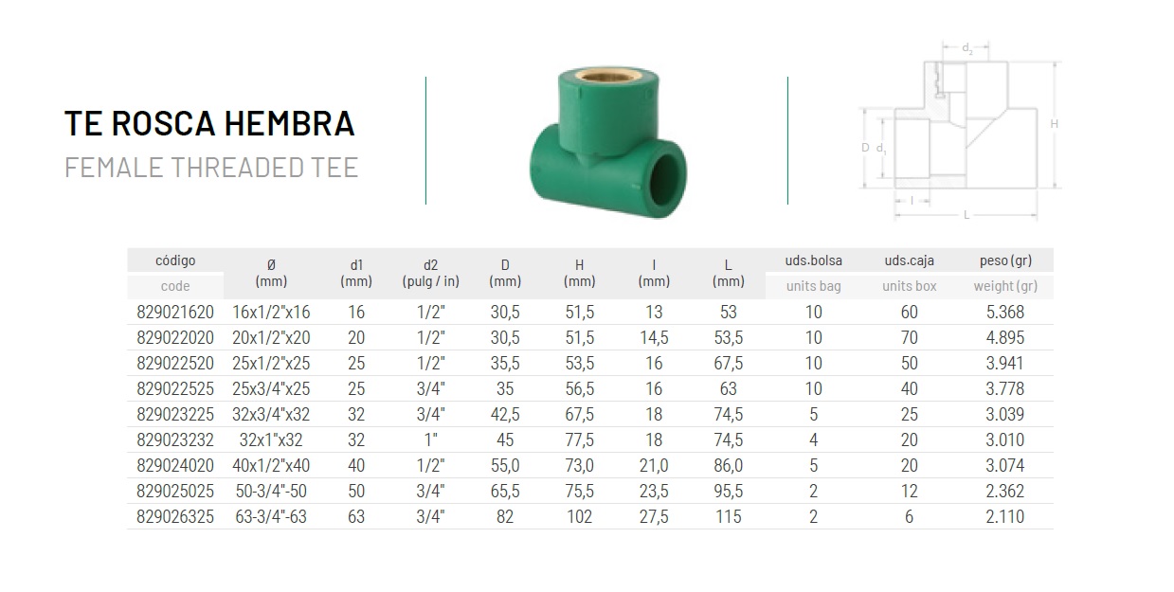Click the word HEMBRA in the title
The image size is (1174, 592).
[x=290, y=123]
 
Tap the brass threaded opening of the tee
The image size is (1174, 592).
[x=608, y=76]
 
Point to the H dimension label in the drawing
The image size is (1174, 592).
[x=1054, y=124]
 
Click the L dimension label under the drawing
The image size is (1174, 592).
[x=966, y=215]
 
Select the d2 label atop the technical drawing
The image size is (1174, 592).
[x=967, y=48]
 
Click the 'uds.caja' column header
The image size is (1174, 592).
[x=910, y=260]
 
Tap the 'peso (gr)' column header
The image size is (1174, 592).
[x=1005, y=260]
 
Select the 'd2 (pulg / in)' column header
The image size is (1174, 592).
[x=431, y=273]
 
